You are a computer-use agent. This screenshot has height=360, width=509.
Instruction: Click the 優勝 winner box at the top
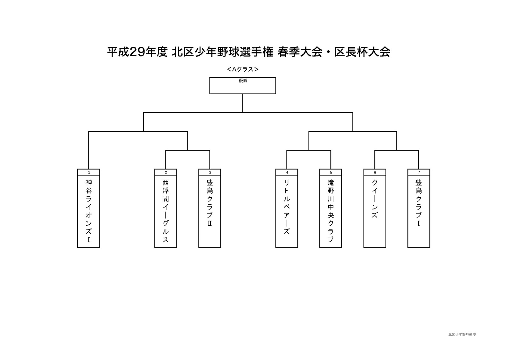click(x=242, y=86)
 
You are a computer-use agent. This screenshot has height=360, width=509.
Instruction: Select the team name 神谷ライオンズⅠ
click(x=88, y=211)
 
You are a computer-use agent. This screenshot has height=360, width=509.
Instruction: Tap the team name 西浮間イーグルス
click(x=165, y=211)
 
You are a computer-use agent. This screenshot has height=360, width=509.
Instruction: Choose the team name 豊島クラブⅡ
click(x=210, y=203)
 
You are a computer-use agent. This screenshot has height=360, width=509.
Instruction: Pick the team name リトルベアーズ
click(x=287, y=207)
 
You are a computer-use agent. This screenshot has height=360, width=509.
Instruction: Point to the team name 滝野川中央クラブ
click(x=331, y=211)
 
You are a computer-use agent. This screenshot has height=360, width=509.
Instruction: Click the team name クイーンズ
click(x=375, y=199)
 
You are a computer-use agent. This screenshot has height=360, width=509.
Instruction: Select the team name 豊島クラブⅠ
click(x=419, y=203)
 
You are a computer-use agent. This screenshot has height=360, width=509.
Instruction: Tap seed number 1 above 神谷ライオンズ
click(x=89, y=172)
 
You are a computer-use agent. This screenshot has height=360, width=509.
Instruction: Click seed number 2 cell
click(x=166, y=172)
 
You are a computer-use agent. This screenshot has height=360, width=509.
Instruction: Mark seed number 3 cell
click(x=210, y=172)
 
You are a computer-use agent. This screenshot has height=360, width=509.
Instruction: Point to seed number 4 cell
click(x=287, y=172)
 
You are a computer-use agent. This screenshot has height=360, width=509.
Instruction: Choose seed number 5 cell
click(x=331, y=172)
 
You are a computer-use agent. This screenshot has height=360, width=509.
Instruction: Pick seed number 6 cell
click(x=375, y=172)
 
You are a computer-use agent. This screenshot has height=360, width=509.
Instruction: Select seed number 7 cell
click(x=419, y=172)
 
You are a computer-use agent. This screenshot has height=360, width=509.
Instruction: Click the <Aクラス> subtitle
click(x=242, y=69)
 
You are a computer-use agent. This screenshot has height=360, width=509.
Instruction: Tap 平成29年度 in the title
click(x=137, y=52)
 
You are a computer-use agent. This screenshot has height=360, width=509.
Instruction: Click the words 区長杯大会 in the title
click(x=362, y=52)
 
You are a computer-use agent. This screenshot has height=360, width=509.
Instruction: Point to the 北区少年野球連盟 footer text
click(x=462, y=335)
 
